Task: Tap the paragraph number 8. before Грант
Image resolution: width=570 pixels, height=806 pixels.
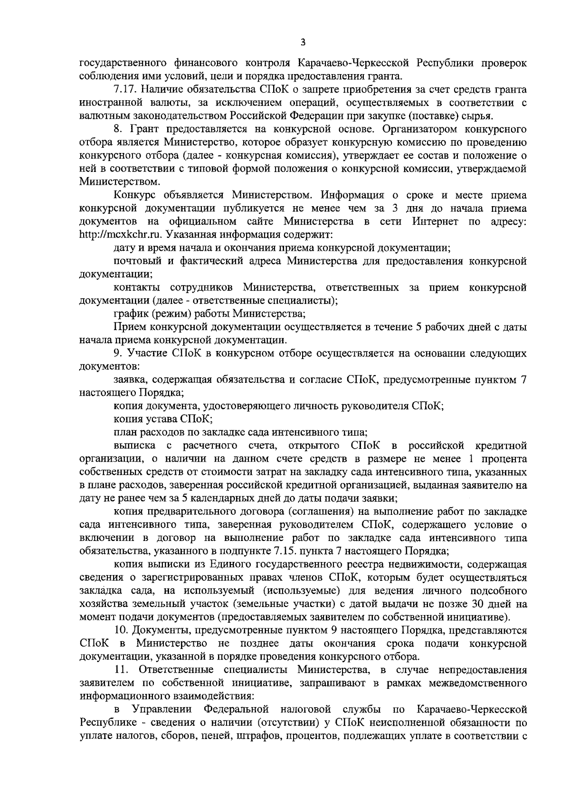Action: (118, 129)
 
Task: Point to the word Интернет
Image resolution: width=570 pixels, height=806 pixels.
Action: (435, 221)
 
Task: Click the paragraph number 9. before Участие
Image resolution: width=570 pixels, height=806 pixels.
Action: (118, 353)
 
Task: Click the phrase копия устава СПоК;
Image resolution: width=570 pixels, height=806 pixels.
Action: (163, 419)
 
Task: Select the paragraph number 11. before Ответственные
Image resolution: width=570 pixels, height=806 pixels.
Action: (122, 670)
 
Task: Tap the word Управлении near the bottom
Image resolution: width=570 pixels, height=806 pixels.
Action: (162, 710)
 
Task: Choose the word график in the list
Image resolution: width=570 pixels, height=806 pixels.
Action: (131, 313)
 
